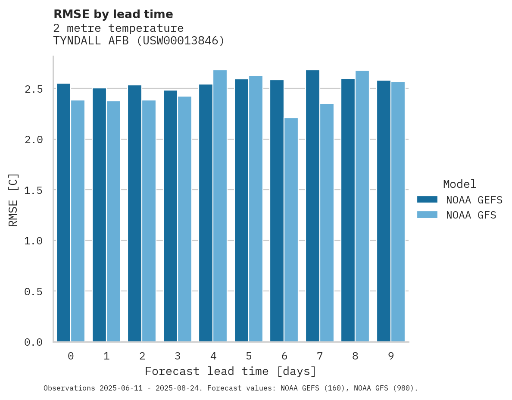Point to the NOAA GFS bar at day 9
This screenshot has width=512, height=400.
click(397, 212)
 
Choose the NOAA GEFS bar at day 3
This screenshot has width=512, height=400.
click(170, 216)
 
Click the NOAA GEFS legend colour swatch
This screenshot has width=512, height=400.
click(427, 200)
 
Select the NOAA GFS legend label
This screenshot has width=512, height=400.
click(471, 215)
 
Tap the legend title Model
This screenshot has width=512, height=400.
click(459, 184)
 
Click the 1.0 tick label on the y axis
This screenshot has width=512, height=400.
click(33, 241)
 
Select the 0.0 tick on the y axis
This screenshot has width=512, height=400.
click(33, 342)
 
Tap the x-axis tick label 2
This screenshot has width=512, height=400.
click(142, 356)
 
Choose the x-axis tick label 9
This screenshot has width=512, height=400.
click(391, 356)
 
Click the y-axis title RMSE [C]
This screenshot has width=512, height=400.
click(13, 200)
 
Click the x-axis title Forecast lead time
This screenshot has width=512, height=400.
click(231, 371)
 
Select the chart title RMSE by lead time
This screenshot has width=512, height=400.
click(113, 14)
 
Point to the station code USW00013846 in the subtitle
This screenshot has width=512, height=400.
click(181, 41)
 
